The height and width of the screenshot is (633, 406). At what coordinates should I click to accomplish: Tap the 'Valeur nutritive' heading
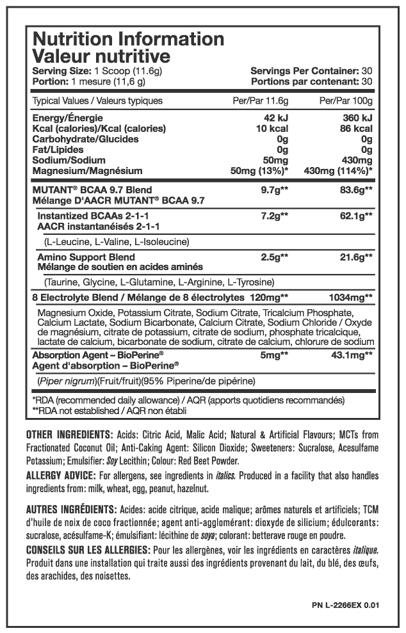tap(92, 56)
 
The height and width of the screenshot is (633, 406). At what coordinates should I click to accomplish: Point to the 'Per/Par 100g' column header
tap(346, 100)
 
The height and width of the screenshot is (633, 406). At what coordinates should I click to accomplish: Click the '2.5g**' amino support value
tap(275, 256)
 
